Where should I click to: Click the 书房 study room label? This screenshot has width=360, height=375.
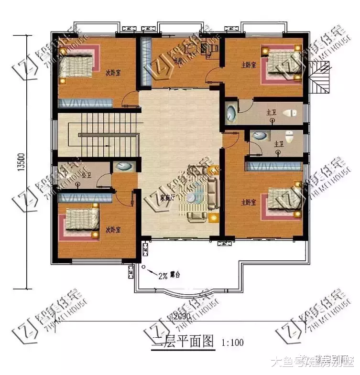coord(165,61)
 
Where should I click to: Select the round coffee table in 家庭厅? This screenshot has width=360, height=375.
coord(191,197)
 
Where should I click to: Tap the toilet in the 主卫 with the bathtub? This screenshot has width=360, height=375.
coord(289,113)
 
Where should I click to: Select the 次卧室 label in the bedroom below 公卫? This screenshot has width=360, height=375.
coord(113,230)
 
